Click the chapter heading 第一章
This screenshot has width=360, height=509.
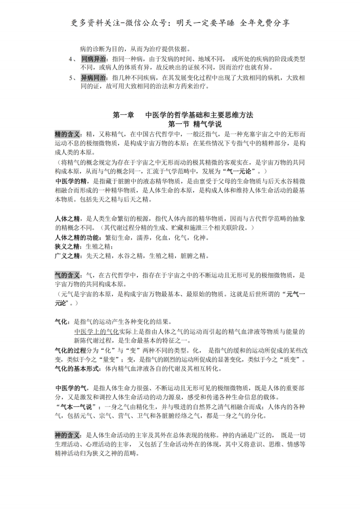pyautogui.click(x=123, y=115)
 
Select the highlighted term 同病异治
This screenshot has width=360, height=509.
pyautogui.click(x=94, y=59)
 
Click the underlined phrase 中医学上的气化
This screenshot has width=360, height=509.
pyautogui.click(x=96, y=332)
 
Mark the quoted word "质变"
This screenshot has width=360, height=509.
pyautogui.click(x=291, y=360)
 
